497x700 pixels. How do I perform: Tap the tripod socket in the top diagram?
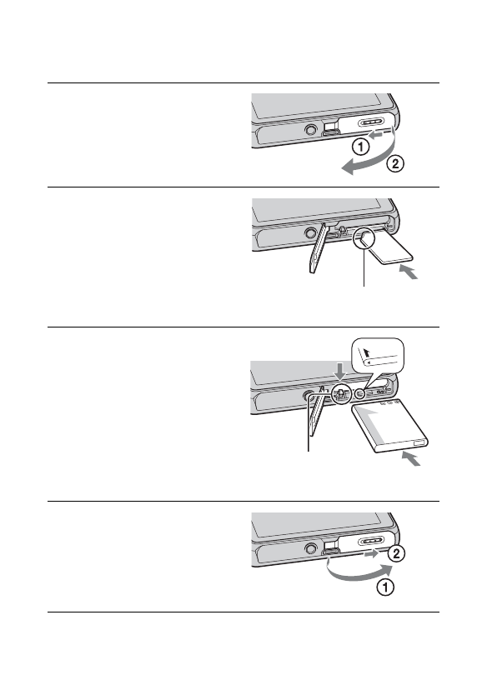311,130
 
